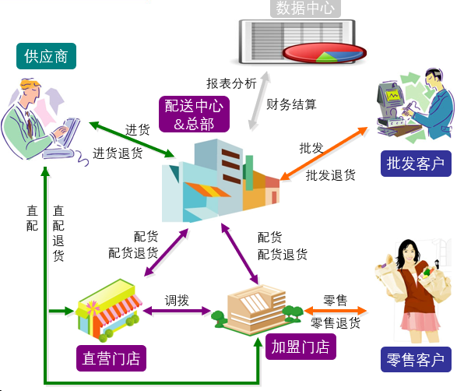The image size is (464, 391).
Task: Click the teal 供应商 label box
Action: [x=46, y=56]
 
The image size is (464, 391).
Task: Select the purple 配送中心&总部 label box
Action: [x=194, y=114]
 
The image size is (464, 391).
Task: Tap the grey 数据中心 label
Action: [x=305, y=8]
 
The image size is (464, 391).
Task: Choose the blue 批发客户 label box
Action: [x=416, y=164]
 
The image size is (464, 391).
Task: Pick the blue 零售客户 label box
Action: [x=416, y=359]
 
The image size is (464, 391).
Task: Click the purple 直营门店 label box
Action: [x=111, y=358]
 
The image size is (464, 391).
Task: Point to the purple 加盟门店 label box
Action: [x=301, y=347]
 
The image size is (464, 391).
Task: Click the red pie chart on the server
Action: [x=325, y=53]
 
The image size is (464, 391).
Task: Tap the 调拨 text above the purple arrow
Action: [x=177, y=301]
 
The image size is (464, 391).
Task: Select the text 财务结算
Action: [x=291, y=104]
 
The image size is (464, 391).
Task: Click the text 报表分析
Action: [x=231, y=83]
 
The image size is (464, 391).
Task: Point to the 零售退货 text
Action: [x=336, y=322]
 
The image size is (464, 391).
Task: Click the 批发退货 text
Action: [x=331, y=175]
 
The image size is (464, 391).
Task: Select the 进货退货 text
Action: [x=118, y=153]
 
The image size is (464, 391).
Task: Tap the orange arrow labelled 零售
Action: [x=336, y=311]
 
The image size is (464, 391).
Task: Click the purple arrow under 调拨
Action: [x=177, y=311]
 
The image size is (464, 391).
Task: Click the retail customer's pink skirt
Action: [x=420, y=322]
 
